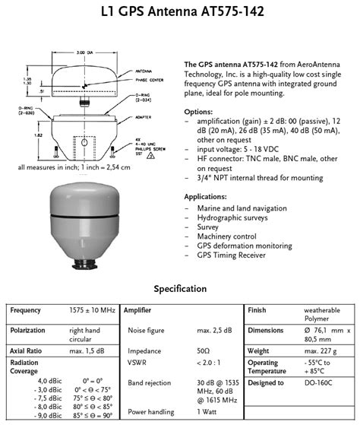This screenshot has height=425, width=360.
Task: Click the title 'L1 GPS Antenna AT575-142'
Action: (179, 13)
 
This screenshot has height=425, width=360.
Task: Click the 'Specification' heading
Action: (180, 289)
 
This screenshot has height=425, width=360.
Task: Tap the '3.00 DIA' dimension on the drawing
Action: (85, 52)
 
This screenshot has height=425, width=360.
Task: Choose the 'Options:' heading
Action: (199, 112)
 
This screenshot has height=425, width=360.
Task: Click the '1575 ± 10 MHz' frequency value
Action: (93, 311)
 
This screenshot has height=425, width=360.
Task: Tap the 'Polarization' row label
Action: (28, 331)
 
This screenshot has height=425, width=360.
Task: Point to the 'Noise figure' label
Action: (147, 331)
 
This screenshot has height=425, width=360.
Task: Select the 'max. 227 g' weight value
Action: (324, 352)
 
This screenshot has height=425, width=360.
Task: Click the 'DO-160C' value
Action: (319, 382)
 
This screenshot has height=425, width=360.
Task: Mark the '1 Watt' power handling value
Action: (209, 411)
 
